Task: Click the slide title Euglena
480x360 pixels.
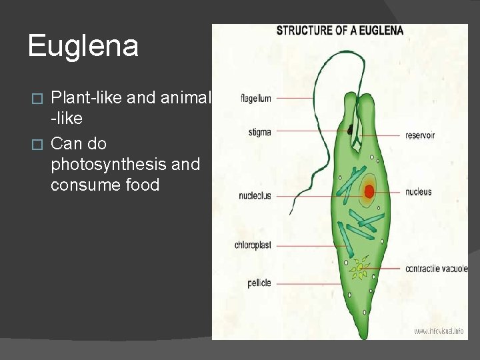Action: pos(83,47)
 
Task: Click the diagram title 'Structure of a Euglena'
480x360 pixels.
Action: pos(340,31)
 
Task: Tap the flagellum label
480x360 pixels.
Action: pos(255,99)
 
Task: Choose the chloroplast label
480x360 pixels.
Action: pos(253,245)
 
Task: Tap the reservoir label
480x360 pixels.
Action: pos(420,135)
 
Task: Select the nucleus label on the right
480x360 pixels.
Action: pos(419,192)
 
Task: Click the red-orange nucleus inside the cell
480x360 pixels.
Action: pos(367,192)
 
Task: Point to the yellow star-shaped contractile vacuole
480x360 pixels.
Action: pos(360,269)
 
